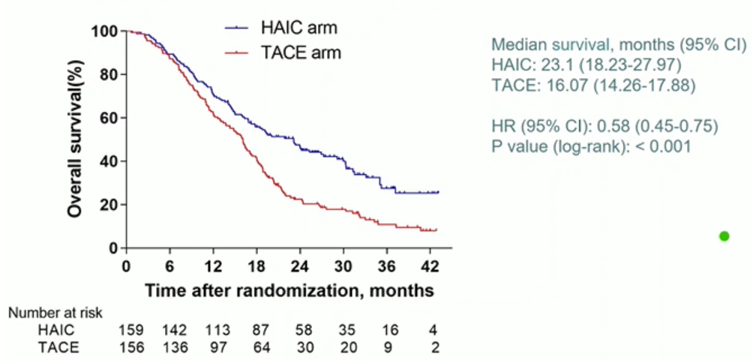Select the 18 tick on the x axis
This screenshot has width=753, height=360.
tap(256, 266)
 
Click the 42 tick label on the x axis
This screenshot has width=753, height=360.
tap(430, 266)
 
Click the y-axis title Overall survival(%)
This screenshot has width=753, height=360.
tap(75, 140)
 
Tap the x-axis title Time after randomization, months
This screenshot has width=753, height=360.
tap(289, 289)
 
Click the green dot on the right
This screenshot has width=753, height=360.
tap(724, 236)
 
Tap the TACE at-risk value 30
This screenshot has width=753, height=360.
tap(301, 347)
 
